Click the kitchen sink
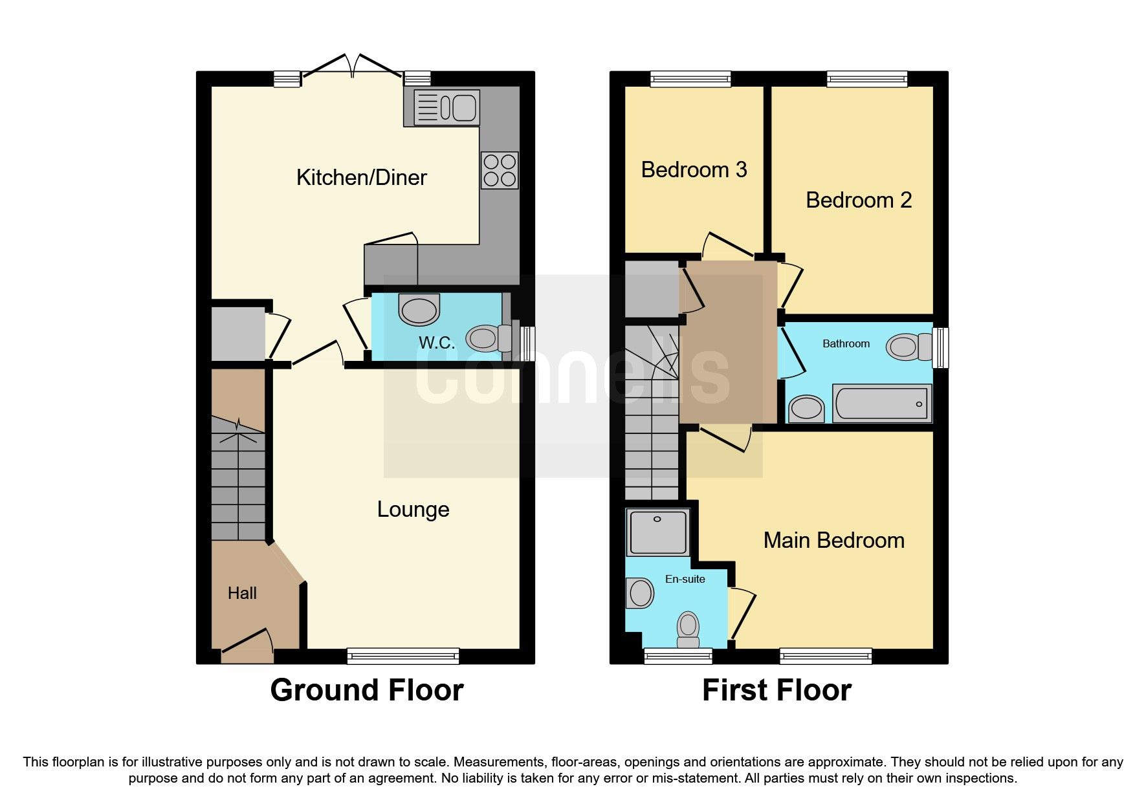pos(446,107)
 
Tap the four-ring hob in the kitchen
pos(499,170)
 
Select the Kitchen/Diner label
pos(361,177)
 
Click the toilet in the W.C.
pos(486,337)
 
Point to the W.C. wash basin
pos(419,310)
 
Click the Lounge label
pos(413,510)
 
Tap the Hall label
pos(242,593)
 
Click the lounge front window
pos(402,656)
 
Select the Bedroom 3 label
pos(694,169)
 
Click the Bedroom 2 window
pos(866,79)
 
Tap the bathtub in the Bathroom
pos(881,403)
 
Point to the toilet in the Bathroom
pos(907,347)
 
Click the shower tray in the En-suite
pos(658,532)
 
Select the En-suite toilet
pos(688,628)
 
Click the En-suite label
pos(685,579)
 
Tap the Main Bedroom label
pos(833,540)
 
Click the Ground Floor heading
pos(366,690)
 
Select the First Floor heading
pos(776,690)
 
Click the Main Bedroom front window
pos(825,656)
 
